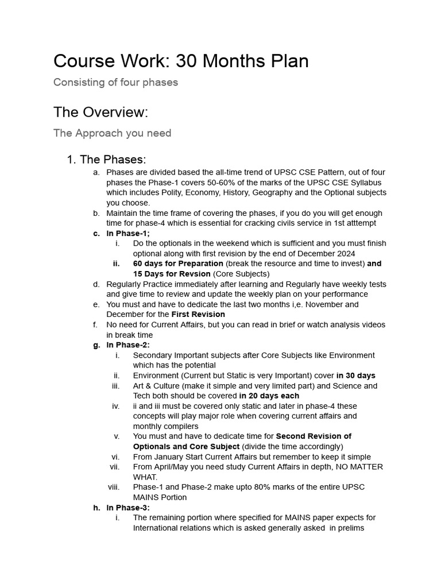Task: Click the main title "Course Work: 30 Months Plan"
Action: pyautogui.click(x=181, y=61)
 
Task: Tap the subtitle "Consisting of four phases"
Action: pyautogui.click(x=115, y=82)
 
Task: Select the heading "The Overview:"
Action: pyautogui.click(x=100, y=112)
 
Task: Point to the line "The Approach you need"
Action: pyautogui.click(x=112, y=133)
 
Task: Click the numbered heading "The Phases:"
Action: pyautogui.click(x=113, y=160)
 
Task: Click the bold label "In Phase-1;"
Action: pyautogui.click(x=128, y=233)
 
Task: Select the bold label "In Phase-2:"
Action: pyautogui.click(x=128, y=345)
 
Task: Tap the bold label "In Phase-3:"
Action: pyautogui.click(x=128, y=508)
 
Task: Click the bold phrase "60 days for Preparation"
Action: pyautogui.click(x=178, y=264)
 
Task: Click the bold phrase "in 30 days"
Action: pyautogui.click(x=356, y=376)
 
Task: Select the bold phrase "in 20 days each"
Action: pyautogui.click(x=269, y=396)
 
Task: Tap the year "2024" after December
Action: pyautogui.click(x=345, y=253)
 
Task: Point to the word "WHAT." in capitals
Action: pyautogui.click(x=145, y=477)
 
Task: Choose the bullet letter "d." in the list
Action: pyautogui.click(x=96, y=284)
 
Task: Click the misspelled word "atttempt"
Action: pyautogui.click(x=359, y=223)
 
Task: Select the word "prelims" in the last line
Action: pyautogui.click(x=347, y=528)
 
